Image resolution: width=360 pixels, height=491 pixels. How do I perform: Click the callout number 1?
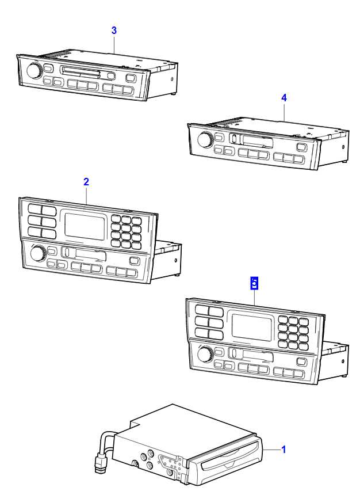(x=283, y=449)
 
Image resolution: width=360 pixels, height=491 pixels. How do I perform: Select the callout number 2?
(x=86, y=181)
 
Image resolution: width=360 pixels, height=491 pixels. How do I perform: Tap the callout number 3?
(x=114, y=31)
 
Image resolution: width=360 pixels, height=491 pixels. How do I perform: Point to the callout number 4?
(x=284, y=98)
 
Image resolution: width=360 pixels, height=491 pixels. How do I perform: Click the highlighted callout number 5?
(x=254, y=283)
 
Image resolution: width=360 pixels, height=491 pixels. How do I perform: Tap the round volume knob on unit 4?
(x=204, y=140)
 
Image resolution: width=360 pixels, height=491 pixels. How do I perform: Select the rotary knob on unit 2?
(x=38, y=253)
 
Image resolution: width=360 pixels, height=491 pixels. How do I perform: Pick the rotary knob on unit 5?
(x=204, y=355)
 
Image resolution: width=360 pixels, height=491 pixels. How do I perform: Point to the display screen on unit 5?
(x=251, y=327)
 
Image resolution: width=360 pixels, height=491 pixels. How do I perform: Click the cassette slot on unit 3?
(x=81, y=73)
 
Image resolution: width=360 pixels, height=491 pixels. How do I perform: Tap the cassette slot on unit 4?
(x=249, y=139)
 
